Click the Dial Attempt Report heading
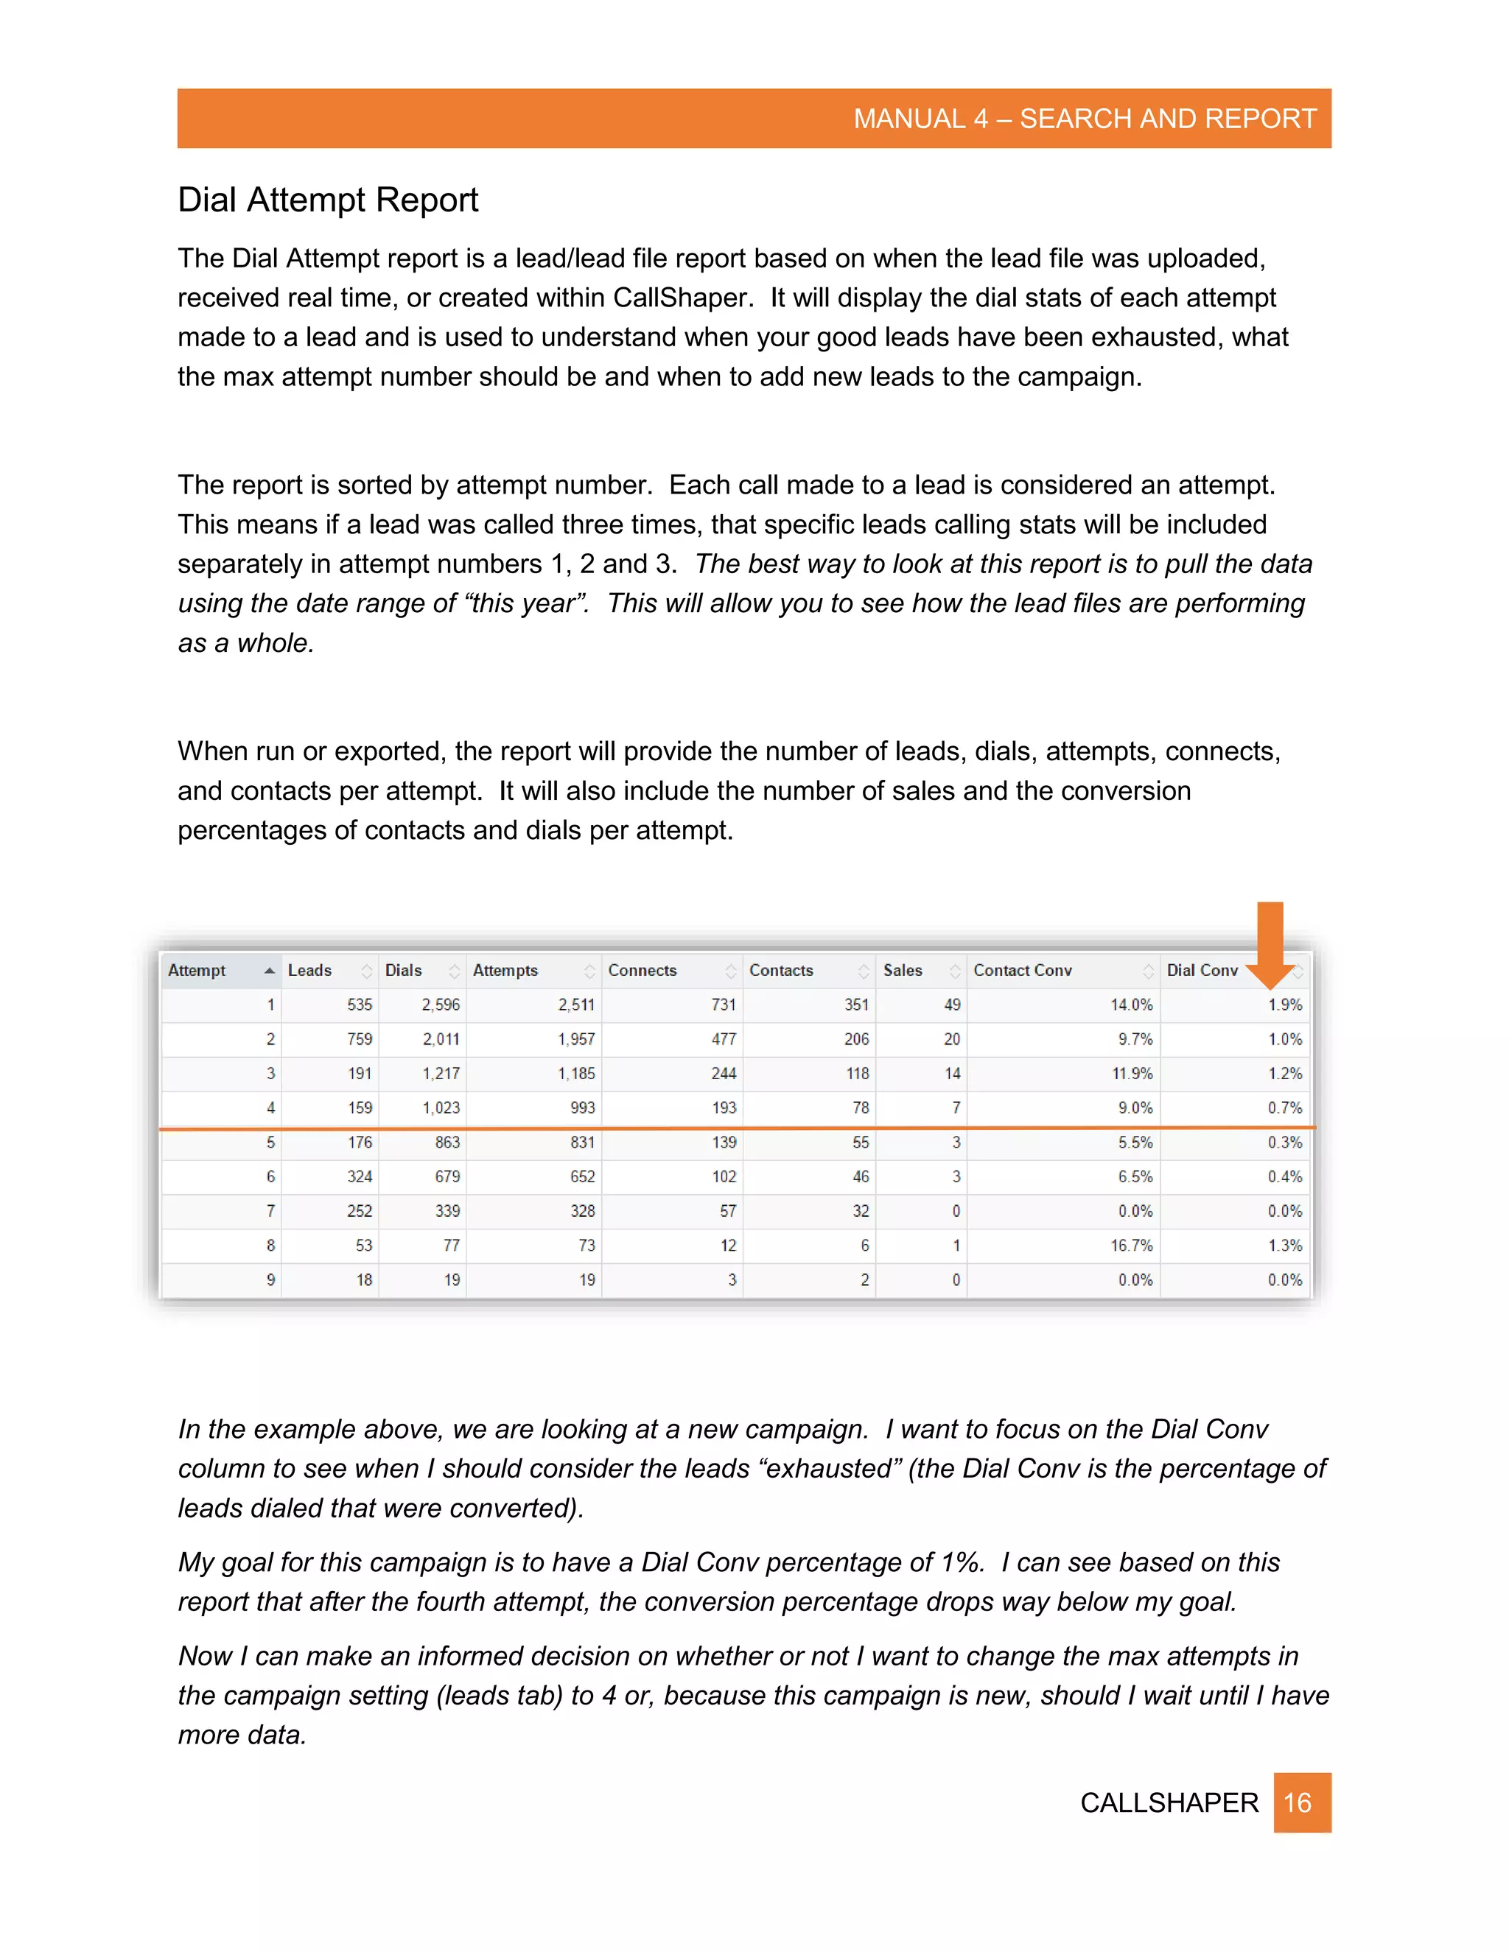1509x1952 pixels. tap(327, 200)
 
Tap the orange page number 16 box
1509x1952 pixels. tap(1302, 1802)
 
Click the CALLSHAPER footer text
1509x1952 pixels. tap(1169, 1802)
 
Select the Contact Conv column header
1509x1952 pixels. tap(1022, 970)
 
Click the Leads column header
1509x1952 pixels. tap(309, 970)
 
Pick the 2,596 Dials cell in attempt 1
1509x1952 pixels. tap(441, 1005)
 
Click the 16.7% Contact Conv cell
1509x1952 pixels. tap(1131, 1245)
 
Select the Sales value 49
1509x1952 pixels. tap(952, 1005)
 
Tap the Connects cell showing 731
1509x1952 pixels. tap(724, 1005)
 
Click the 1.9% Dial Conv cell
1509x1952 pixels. tap(1284, 1005)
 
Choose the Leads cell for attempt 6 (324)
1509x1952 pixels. tap(360, 1176)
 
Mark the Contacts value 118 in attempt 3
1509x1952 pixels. tap(858, 1073)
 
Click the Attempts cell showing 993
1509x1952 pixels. tap(582, 1107)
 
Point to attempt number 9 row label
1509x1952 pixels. tap(270, 1280)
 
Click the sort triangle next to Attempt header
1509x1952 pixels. tap(269, 971)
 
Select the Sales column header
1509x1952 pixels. tap(902, 970)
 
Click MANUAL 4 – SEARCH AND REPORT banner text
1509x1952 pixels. tap(1085, 118)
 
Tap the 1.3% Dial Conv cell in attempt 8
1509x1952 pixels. tap(1284, 1245)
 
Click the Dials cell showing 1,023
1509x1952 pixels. tap(441, 1107)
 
